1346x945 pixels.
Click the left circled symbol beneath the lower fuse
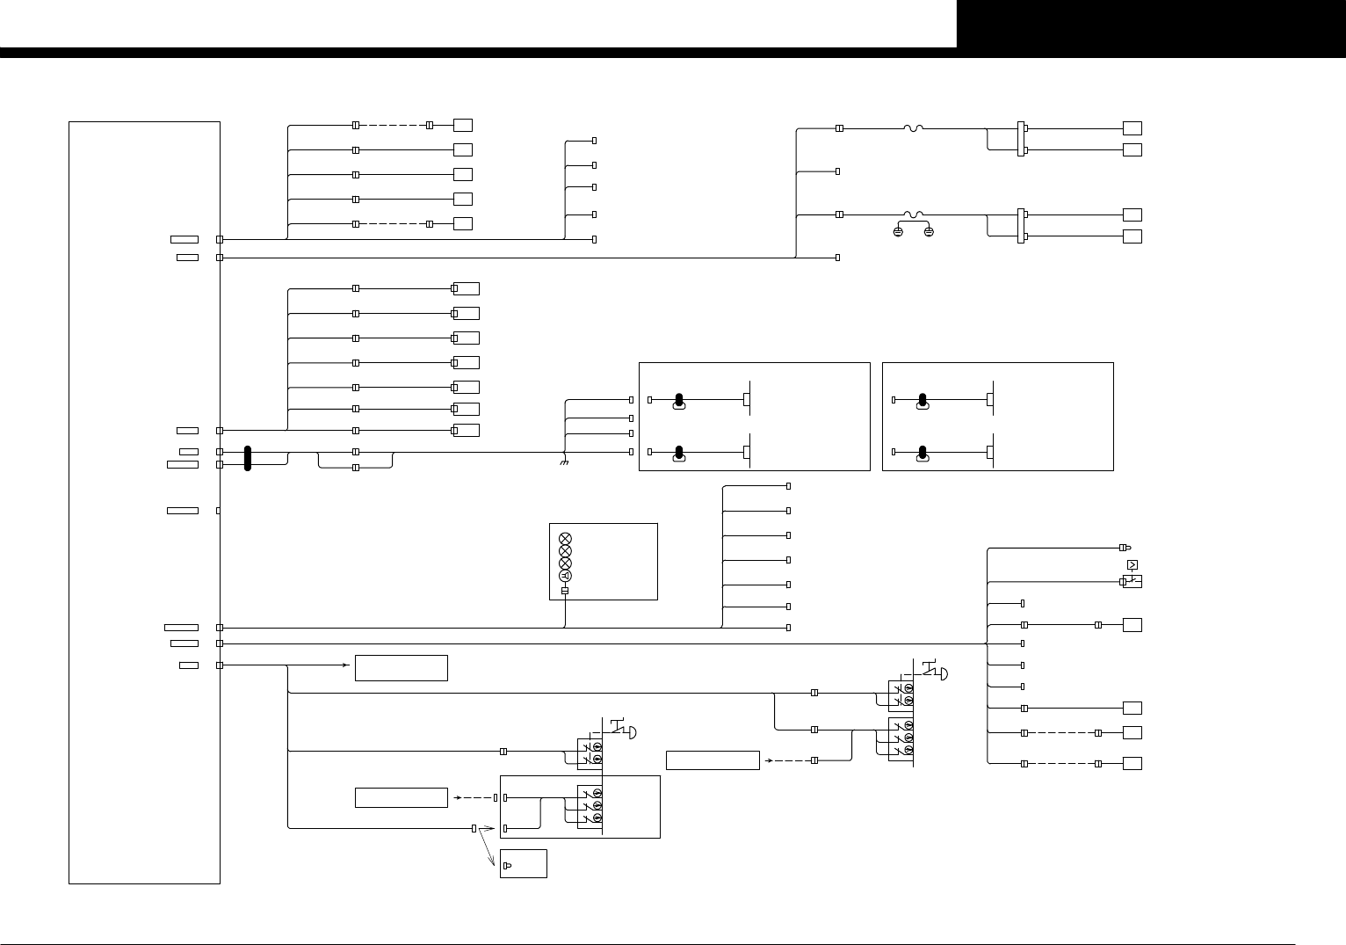point(898,231)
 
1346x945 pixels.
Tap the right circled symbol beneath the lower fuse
point(929,231)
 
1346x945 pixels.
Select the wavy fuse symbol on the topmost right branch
point(914,128)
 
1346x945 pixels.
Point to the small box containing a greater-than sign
point(1132,564)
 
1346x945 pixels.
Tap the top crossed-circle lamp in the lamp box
point(566,537)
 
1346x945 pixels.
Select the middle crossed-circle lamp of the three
point(566,550)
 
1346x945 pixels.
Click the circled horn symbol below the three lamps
point(566,576)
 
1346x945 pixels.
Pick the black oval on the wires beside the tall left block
point(248,458)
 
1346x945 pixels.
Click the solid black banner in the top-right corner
point(1151,24)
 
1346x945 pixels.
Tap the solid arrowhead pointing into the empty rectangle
point(347,665)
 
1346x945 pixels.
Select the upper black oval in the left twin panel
point(678,402)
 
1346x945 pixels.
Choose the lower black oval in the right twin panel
point(923,454)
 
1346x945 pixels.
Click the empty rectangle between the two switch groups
point(713,760)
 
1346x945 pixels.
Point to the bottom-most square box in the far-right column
point(1133,763)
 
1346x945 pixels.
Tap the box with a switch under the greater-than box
point(1133,582)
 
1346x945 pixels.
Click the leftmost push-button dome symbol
point(632,733)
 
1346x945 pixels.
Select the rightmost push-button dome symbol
point(942,674)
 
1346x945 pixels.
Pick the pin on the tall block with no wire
point(218,511)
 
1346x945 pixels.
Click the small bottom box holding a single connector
point(523,863)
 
